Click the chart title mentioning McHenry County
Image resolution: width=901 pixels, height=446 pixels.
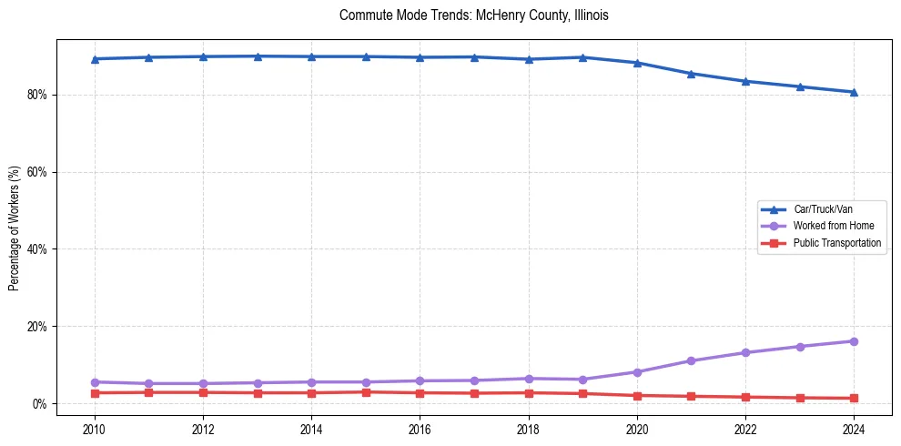tap(473, 15)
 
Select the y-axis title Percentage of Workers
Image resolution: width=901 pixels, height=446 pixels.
tap(14, 228)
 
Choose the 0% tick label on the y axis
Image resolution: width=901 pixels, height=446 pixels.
tap(40, 403)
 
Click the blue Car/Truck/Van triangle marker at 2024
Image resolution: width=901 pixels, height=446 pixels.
tap(854, 92)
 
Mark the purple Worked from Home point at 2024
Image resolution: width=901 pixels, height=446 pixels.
tap(854, 341)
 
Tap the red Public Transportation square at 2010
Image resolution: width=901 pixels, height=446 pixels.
tap(94, 393)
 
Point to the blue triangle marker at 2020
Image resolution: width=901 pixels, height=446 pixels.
tap(637, 63)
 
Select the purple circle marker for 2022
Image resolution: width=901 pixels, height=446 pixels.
tap(745, 352)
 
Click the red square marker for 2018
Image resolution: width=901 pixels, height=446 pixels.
tap(529, 393)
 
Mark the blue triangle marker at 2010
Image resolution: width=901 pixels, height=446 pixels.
tap(94, 59)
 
